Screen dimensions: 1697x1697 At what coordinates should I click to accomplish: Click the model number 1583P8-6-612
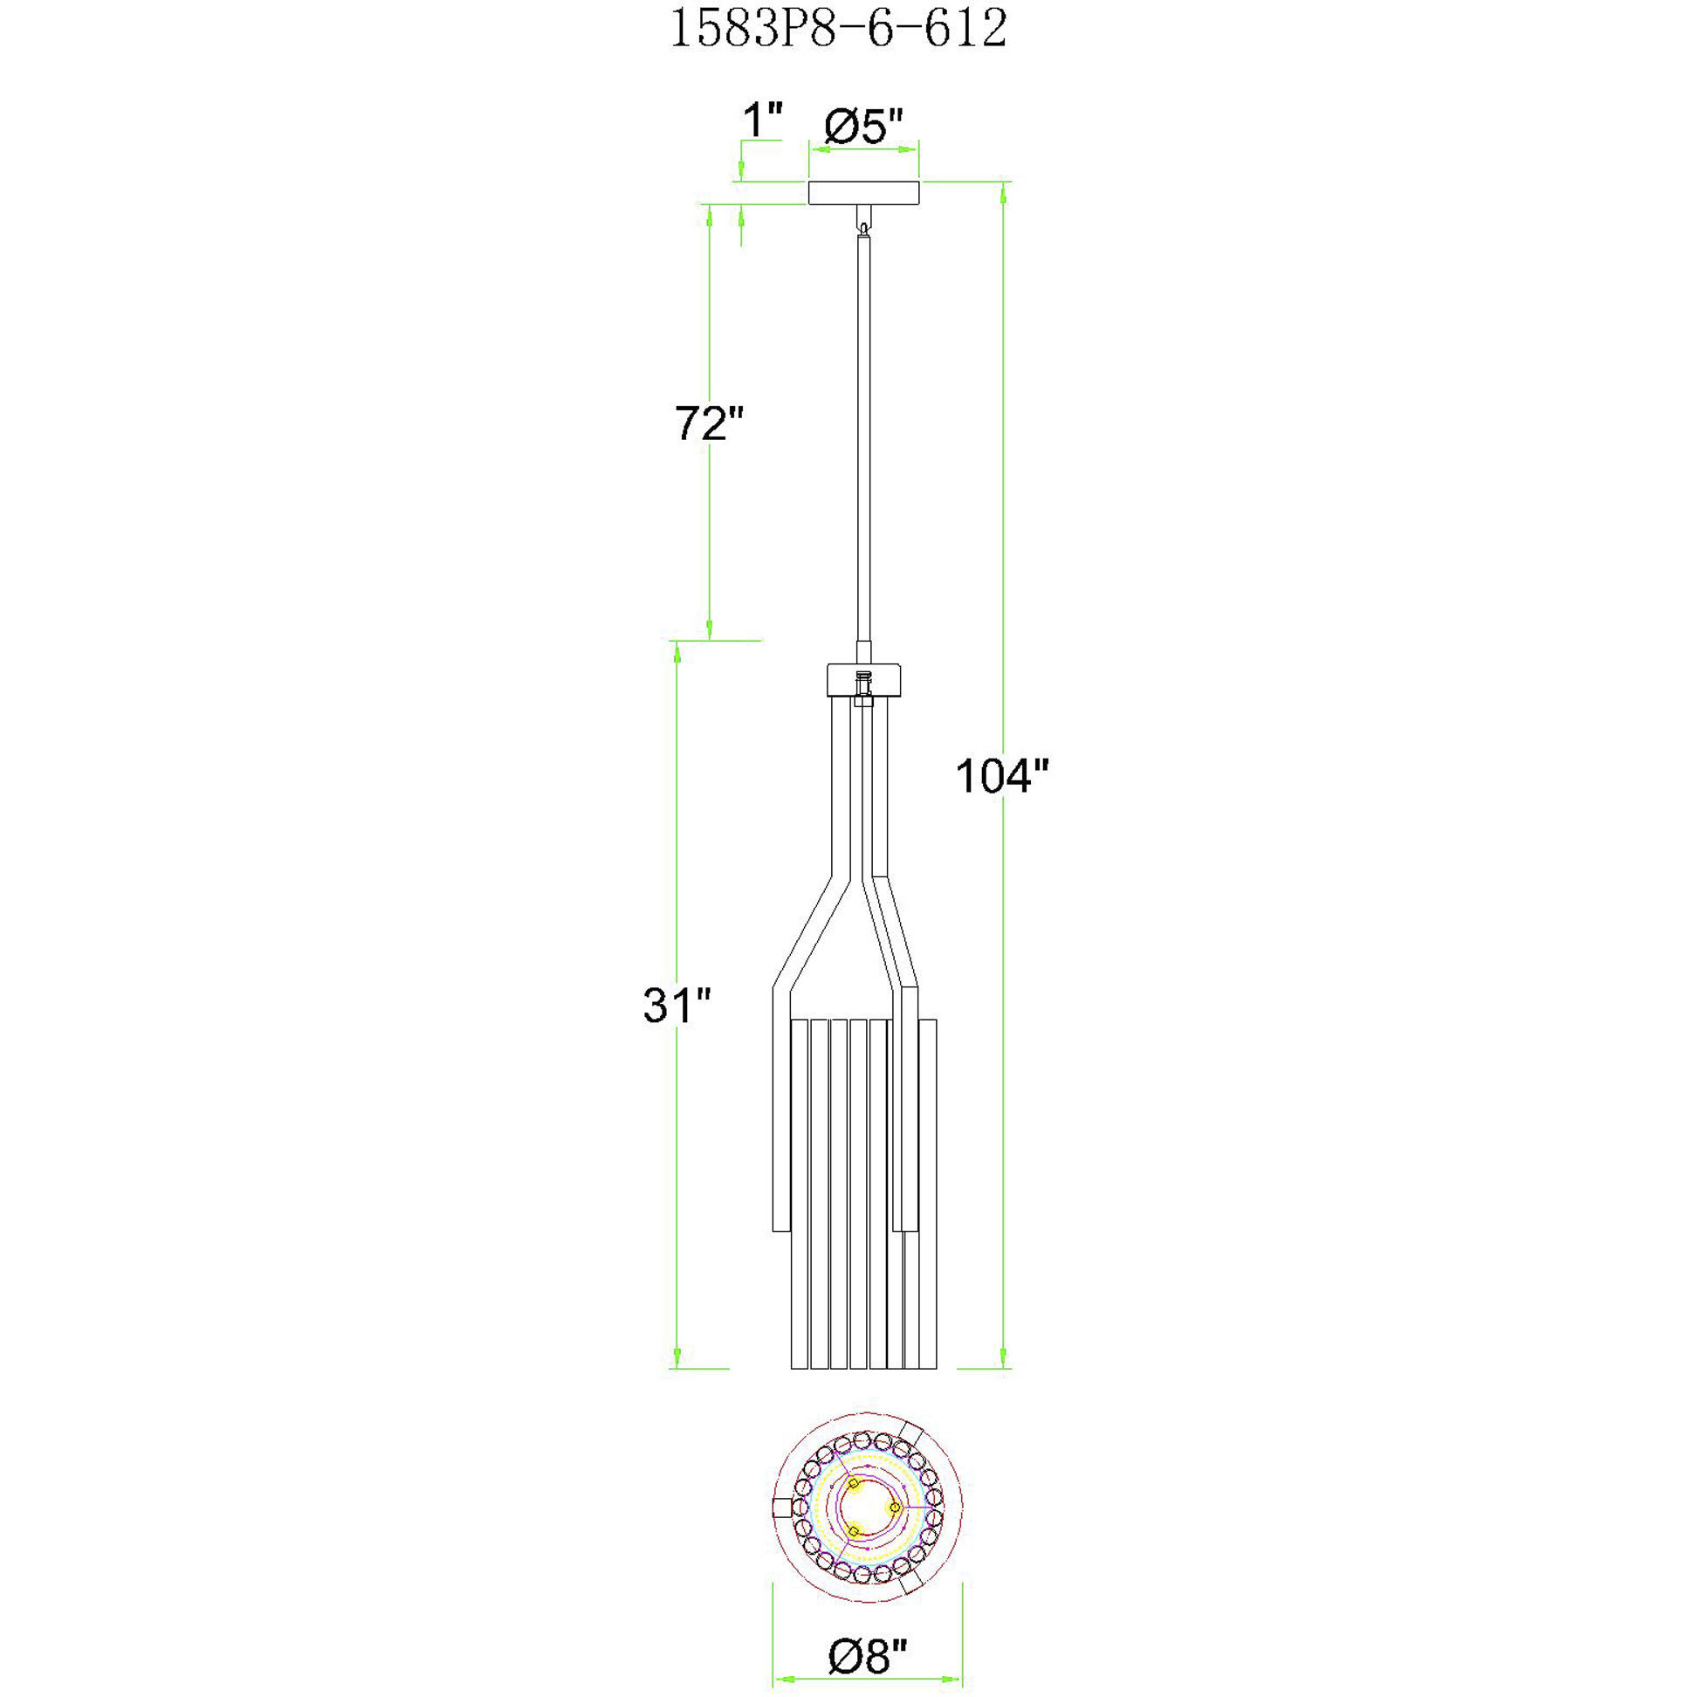point(838,30)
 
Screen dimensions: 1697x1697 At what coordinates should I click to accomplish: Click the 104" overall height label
point(1002,776)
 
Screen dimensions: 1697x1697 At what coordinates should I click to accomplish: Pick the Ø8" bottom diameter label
point(866,1657)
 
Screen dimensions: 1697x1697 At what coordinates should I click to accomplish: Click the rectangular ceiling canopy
point(863,192)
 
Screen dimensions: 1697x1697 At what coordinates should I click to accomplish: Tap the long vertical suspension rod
point(864,439)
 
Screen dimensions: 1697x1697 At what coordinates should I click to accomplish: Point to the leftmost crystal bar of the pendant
point(800,1194)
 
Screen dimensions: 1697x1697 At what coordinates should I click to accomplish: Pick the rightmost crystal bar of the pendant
point(930,1194)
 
